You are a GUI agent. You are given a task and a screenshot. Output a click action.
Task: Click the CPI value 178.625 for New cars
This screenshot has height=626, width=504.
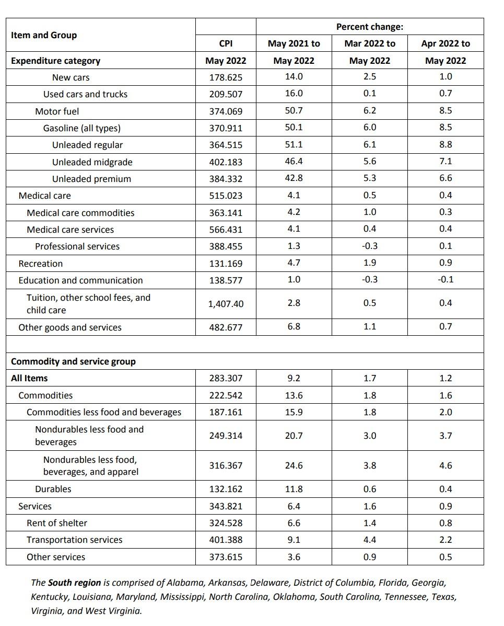226,77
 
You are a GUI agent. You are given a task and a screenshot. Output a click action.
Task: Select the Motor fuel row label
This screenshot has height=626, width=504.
57,111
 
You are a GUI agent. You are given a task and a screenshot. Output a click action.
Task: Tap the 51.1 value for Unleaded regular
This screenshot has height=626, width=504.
294,144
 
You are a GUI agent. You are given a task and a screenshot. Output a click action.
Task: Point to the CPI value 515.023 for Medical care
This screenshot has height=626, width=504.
226,196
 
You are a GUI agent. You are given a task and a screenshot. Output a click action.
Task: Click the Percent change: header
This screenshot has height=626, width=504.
369,27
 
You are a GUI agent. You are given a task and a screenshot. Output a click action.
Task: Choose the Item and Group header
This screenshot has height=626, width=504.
44,35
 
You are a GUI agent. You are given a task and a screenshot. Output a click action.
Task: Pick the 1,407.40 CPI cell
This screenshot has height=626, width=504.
226,304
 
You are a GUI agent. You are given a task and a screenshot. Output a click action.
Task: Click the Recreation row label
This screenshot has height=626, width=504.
40,264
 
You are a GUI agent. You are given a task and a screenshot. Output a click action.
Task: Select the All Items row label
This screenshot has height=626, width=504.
29,378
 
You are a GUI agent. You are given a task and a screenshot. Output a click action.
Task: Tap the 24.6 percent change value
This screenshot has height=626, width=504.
294,465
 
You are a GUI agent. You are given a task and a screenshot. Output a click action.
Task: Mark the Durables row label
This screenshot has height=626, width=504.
53,489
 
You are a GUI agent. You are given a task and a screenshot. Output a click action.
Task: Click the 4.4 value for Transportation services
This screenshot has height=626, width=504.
369,540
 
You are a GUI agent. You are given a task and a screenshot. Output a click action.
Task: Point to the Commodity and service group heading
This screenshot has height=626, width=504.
73,361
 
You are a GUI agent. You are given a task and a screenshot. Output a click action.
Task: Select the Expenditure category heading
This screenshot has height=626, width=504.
55,61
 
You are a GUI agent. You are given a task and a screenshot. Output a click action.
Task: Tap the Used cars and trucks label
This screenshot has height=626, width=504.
85,94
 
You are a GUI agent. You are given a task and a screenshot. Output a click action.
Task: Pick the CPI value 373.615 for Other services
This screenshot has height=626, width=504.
226,557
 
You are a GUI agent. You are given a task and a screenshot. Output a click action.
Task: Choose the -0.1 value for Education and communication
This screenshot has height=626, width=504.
445,279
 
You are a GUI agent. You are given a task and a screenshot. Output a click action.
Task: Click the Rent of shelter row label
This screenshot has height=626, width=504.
57,523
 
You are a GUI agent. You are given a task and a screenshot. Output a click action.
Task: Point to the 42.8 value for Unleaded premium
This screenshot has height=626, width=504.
294,178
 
